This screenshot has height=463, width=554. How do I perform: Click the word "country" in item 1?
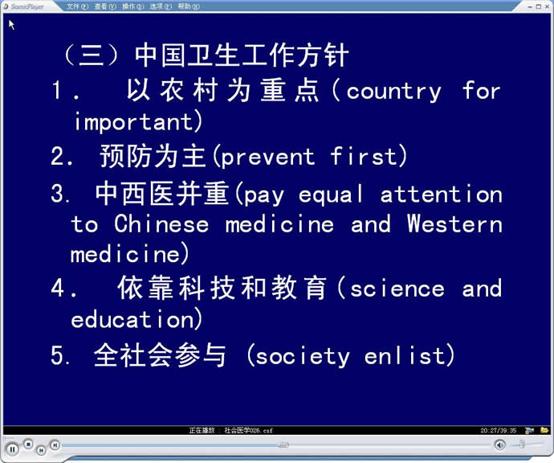(393, 92)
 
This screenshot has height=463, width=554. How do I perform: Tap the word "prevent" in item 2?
(268, 158)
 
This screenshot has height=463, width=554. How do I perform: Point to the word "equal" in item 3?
(331, 195)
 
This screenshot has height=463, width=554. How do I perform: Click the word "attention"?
(442, 195)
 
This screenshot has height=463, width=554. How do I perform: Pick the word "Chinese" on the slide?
(161, 224)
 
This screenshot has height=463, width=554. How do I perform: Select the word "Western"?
(454, 224)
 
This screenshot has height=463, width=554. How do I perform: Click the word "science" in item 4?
(397, 289)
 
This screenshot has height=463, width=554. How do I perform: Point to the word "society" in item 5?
(303, 357)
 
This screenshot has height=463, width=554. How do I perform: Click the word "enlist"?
(404, 355)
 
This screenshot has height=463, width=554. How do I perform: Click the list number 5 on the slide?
(57, 355)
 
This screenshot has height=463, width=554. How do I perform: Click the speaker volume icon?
(499, 445)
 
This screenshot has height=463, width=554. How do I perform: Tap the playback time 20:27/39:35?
(498, 431)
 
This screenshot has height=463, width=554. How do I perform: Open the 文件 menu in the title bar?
(77, 6)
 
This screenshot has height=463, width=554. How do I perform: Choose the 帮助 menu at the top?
(189, 6)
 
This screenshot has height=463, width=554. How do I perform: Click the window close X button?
(547, 6)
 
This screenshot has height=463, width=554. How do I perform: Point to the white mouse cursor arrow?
(11, 25)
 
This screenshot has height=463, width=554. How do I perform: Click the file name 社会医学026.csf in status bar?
(248, 431)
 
